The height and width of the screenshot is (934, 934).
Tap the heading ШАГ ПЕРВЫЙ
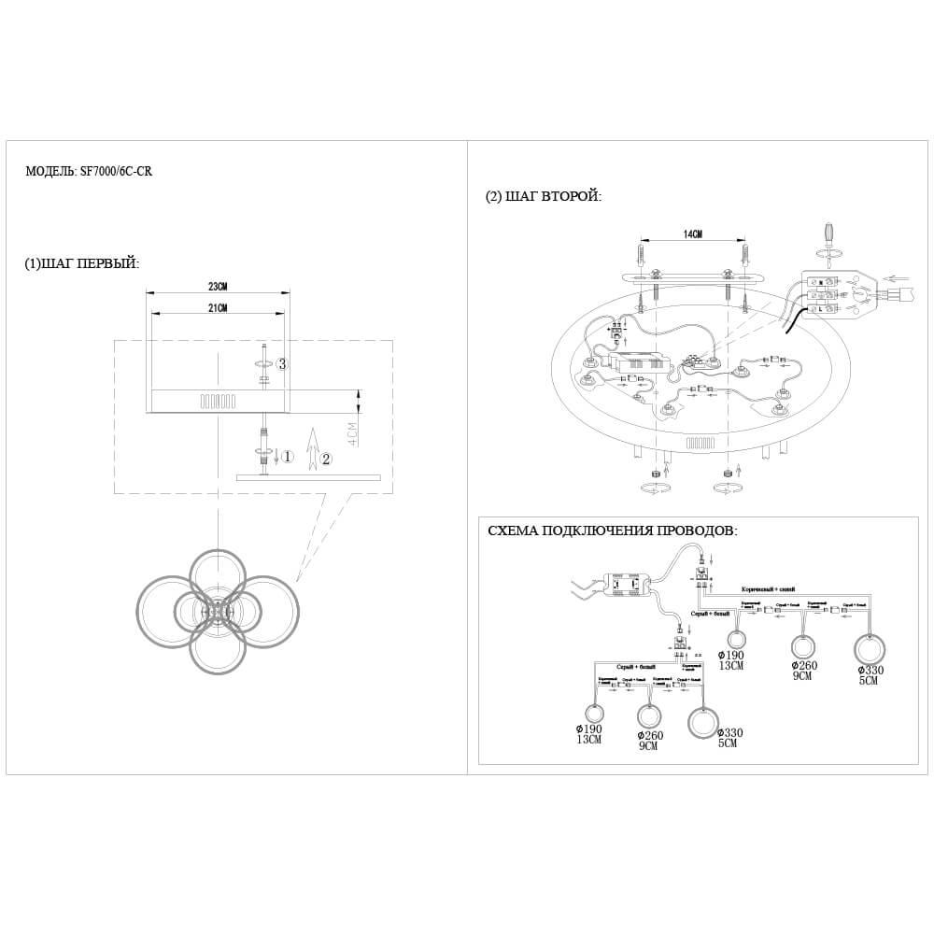click(82, 263)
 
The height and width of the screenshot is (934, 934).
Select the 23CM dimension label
click(217, 287)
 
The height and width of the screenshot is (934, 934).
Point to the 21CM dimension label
click(217, 308)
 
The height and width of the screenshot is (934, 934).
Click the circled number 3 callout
click(282, 363)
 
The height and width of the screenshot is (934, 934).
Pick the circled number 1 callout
click(288, 457)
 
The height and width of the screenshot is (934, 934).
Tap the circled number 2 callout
click(325, 459)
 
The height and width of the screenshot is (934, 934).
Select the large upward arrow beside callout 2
click(312, 446)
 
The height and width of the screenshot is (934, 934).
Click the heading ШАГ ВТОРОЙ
click(543, 196)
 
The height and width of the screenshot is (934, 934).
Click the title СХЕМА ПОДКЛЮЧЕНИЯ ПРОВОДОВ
click(612, 531)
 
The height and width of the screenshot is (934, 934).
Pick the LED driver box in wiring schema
click(629, 585)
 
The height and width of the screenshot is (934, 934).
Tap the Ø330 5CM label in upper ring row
click(870, 674)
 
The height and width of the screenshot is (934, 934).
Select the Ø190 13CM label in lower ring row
click(589, 733)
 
